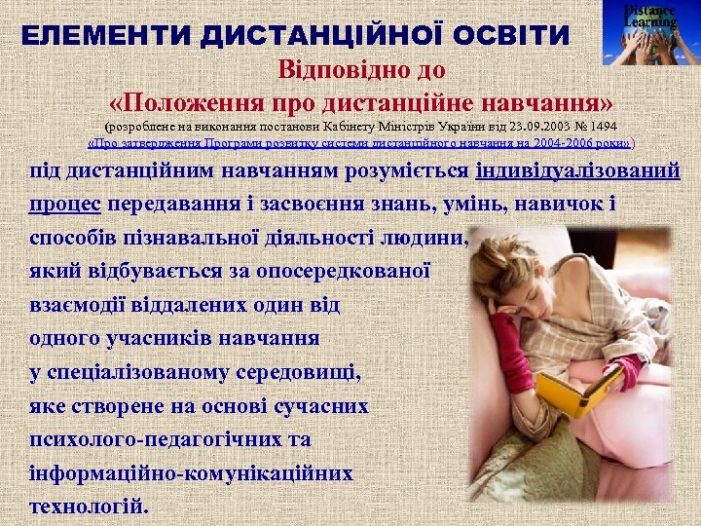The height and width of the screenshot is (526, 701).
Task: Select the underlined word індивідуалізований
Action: click(x=577, y=172)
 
